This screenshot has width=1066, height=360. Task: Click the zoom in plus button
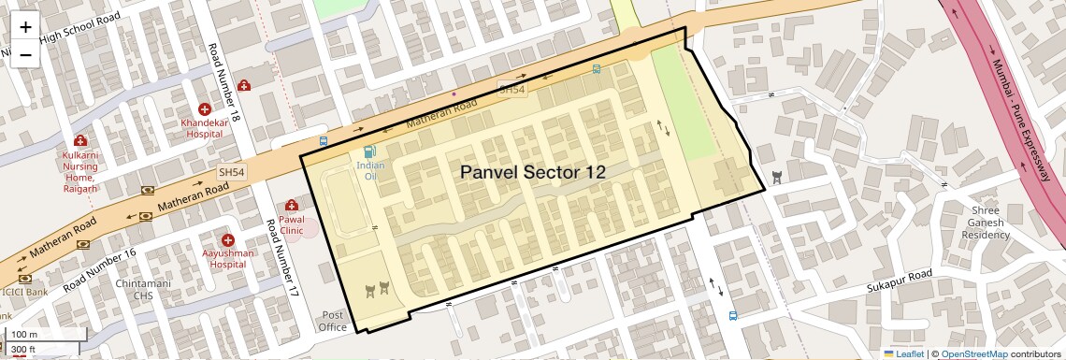click(x=25, y=27)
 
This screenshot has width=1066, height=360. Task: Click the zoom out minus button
click(x=25, y=54)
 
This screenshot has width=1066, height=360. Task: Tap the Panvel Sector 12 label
click(x=532, y=172)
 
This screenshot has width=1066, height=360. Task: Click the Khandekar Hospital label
click(x=204, y=127)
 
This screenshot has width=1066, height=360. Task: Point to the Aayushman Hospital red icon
click(x=226, y=240)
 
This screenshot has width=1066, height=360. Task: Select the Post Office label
click(x=333, y=321)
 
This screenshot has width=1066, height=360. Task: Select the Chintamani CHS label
click(x=139, y=289)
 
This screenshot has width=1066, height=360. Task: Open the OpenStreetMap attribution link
click(x=973, y=353)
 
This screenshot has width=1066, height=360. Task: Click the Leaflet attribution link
click(x=904, y=353)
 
